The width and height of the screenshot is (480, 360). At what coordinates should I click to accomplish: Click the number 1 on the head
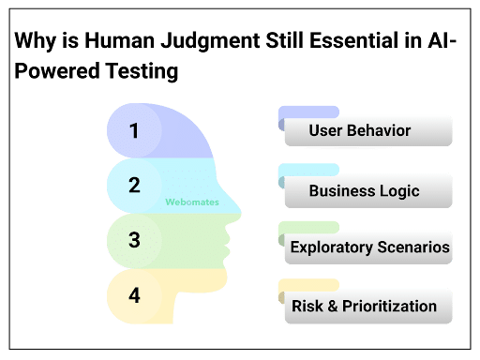(134, 130)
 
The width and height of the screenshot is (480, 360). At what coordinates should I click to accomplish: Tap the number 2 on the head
(134, 185)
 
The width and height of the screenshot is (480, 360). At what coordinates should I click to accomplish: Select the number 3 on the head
(134, 240)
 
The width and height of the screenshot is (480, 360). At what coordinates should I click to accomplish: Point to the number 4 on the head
(134, 295)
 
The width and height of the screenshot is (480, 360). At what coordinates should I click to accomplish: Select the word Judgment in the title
(196, 42)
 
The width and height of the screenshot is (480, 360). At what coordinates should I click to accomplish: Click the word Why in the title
(32, 42)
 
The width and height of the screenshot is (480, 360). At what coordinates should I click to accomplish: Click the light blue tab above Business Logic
(308, 170)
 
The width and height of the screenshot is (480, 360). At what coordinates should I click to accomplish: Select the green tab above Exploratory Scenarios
(308, 227)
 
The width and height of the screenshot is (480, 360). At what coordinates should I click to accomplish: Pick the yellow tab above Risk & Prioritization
(308, 284)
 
